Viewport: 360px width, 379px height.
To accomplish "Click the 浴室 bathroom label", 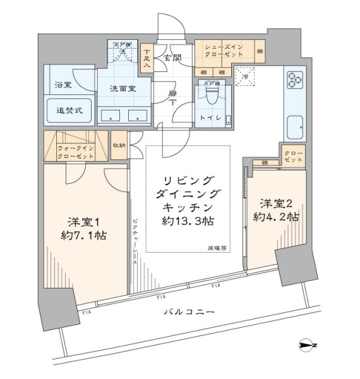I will [x=63, y=84].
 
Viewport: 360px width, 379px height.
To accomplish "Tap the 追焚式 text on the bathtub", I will [x=69, y=110].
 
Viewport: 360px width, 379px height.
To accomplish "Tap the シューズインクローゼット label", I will [x=225, y=49].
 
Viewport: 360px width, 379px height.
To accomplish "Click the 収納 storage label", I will [x=119, y=145].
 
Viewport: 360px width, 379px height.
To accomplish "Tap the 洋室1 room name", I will [x=85, y=222].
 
